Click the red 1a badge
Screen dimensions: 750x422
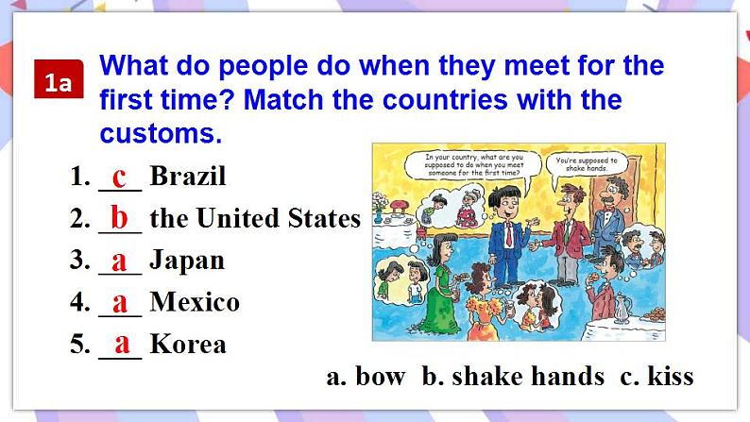click(x=59, y=79)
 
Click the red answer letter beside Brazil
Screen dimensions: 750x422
click(x=119, y=177)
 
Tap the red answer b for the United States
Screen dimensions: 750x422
click(x=119, y=217)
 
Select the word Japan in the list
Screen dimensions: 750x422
click(x=187, y=262)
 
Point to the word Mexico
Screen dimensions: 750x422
click(x=195, y=302)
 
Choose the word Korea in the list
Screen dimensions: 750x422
click(x=188, y=344)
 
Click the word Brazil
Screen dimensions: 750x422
click(x=188, y=176)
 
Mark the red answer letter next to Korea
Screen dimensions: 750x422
click(x=122, y=344)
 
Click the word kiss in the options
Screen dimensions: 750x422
click(x=671, y=376)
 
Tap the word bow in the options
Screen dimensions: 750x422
click(x=381, y=376)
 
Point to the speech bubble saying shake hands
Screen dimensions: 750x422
click(x=587, y=165)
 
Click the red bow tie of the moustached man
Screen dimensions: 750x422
click(x=607, y=210)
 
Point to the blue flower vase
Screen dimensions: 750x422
click(x=379, y=217)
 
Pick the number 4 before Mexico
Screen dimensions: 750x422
click(x=79, y=302)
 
